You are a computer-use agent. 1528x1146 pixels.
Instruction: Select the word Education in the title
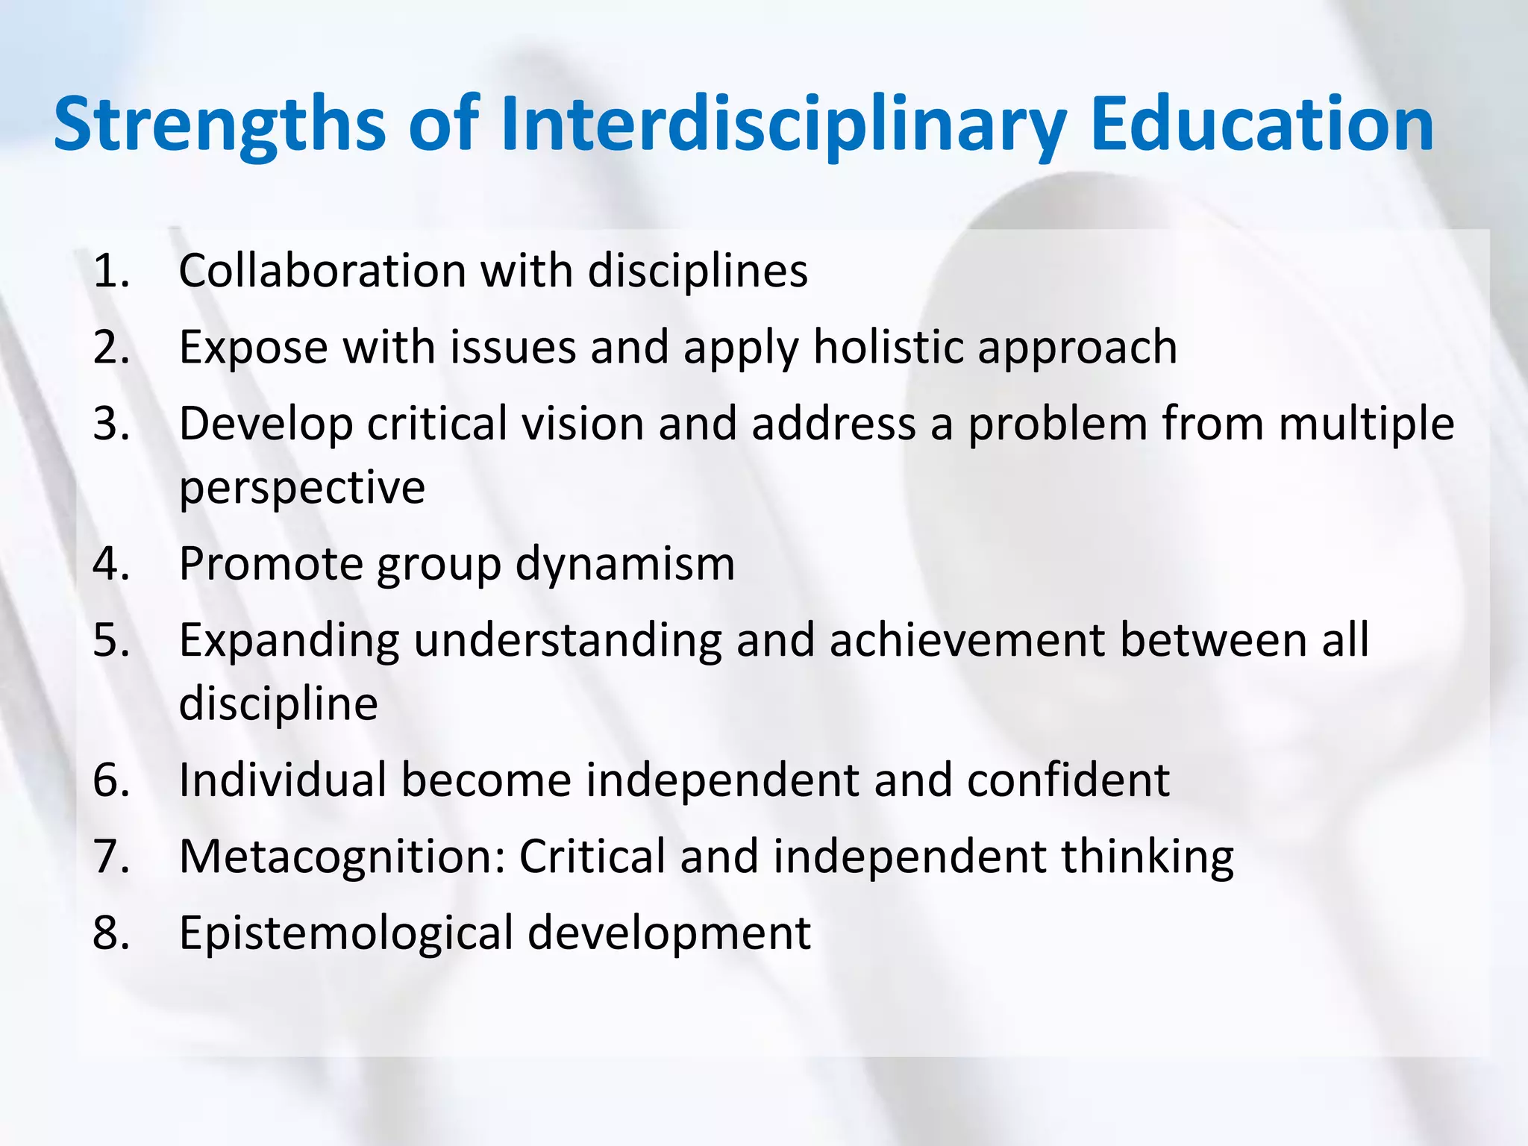[x=1262, y=123]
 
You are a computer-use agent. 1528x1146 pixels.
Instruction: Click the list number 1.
[x=110, y=270]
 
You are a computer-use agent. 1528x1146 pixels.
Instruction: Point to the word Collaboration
[x=322, y=270]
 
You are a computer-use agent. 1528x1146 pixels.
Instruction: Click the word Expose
[x=254, y=348]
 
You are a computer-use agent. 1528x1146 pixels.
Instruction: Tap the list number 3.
[x=110, y=424]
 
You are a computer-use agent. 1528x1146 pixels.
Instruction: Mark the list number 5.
[x=110, y=640]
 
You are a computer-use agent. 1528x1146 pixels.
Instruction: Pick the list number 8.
[x=110, y=933]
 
